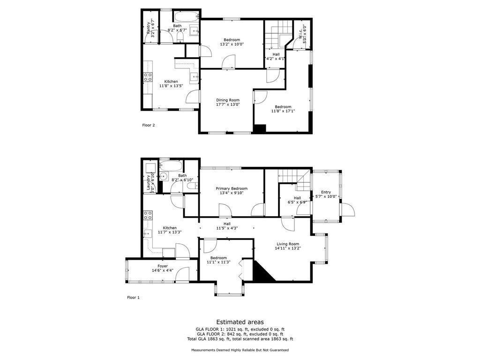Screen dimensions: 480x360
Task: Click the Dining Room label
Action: tap(228, 100)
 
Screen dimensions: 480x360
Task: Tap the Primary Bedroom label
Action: tap(232, 188)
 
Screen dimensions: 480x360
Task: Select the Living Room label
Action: tap(287, 244)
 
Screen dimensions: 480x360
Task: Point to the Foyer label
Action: tap(163, 266)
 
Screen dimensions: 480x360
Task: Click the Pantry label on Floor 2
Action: tap(149, 28)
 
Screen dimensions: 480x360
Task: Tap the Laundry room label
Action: tap(148, 182)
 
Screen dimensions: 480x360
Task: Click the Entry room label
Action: tap(326, 192)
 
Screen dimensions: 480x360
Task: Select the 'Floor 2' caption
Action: tap(149, 125)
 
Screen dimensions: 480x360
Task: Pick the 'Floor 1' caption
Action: tap(133, 297)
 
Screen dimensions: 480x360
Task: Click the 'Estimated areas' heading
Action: tap(240, 322)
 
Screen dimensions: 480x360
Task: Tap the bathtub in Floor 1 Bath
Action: tap(171, 165)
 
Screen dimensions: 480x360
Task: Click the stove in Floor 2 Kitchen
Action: tap(148, 77)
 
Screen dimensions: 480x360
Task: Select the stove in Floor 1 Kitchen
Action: tap(148, 215)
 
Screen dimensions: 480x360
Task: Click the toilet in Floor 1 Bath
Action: tap(192, 187)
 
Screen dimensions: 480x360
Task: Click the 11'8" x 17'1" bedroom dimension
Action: tap(283, 111)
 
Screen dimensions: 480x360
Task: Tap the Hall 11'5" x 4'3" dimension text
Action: tap(227, 228)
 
